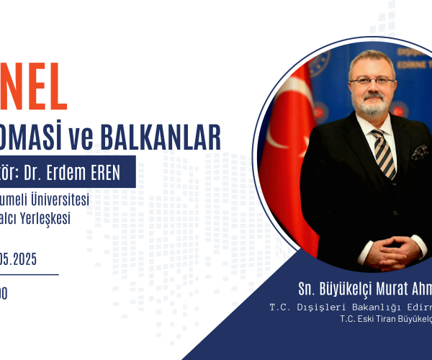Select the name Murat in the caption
(x=385, y=289)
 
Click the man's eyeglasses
(x=371, y=80)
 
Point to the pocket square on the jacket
(x=419, y=153)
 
